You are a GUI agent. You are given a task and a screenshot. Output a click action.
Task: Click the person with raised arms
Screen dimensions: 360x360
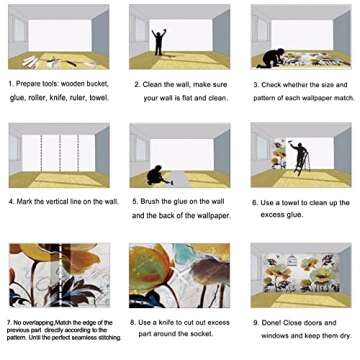159,42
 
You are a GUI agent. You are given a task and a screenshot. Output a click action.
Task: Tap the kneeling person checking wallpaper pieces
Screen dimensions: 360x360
271,58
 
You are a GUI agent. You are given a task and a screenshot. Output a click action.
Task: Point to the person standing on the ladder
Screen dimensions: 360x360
299,155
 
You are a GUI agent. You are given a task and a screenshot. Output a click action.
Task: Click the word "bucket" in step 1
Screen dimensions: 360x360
98,84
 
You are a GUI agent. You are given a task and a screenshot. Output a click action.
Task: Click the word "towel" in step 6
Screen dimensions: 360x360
291,203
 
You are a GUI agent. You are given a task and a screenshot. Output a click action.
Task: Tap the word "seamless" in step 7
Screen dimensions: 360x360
93,337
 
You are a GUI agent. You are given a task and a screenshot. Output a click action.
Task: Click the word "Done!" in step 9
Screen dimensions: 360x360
271,323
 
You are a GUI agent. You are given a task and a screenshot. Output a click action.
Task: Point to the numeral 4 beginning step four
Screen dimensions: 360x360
11,202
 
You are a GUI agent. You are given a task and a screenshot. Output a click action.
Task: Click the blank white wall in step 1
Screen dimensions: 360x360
60,36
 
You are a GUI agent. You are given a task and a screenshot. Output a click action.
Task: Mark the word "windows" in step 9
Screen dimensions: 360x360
274,336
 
